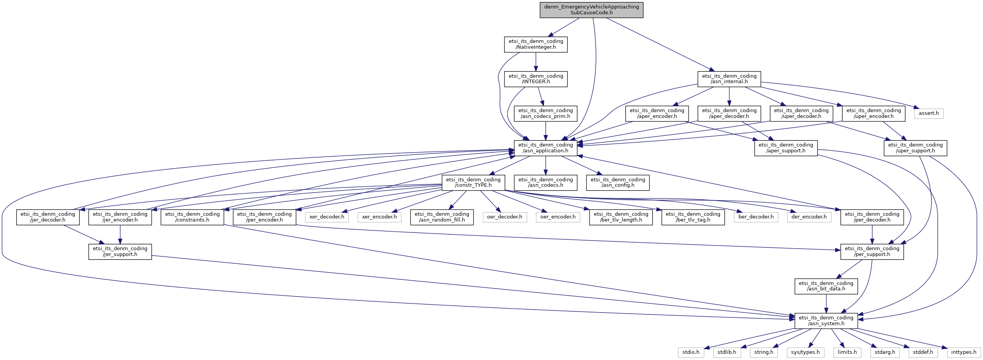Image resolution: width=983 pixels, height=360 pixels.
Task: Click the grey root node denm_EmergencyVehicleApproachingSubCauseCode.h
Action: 591,10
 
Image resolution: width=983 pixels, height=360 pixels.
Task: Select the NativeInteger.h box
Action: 535,44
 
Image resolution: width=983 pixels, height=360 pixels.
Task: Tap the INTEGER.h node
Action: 535,79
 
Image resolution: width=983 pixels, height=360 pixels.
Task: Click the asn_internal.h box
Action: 729,79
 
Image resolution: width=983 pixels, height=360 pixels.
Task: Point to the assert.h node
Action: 928,113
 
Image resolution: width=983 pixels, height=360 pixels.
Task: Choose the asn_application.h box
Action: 545,148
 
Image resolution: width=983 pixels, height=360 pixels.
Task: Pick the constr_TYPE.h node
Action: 473,183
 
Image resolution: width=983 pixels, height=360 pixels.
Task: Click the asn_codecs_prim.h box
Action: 545,113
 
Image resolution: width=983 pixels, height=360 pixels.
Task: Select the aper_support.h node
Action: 786,148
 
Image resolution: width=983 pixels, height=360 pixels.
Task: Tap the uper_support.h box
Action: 915,148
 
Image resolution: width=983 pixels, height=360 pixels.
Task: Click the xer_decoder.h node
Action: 327,217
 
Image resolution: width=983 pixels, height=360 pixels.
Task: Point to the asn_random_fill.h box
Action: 442,217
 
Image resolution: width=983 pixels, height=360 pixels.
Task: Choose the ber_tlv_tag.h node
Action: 693,217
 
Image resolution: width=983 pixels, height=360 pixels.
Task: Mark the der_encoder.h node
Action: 809,217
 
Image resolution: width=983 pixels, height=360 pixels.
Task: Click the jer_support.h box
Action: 120,251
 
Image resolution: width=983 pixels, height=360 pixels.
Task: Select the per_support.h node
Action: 872,251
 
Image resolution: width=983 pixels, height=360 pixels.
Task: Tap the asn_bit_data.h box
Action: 826,286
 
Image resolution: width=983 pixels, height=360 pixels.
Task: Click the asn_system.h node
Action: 826,321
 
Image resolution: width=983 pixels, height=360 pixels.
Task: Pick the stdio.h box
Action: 691,352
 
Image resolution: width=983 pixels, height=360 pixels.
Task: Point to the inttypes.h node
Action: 964,352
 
